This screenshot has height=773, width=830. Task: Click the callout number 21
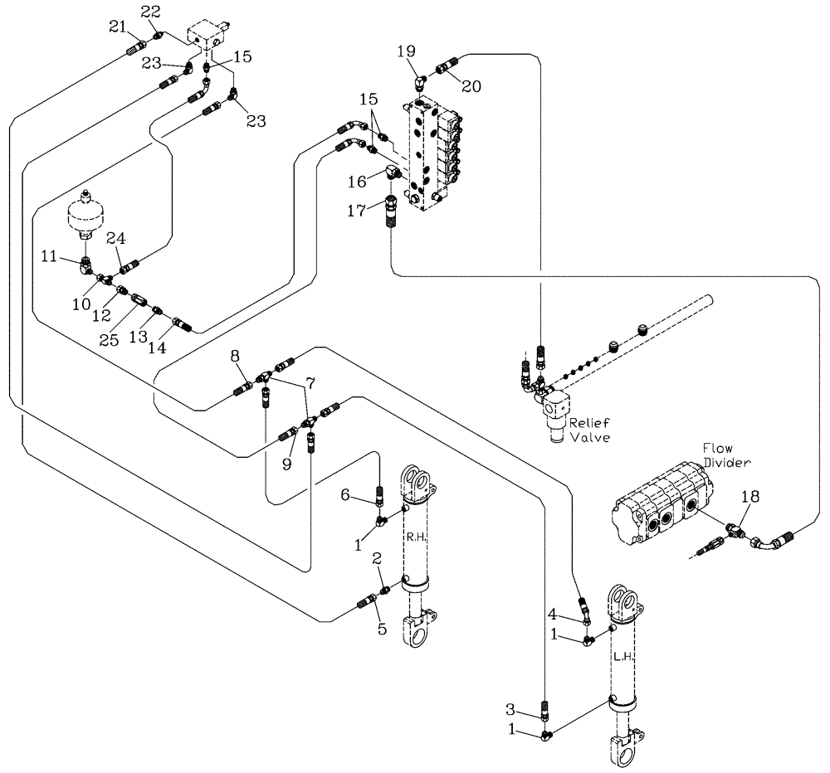coord(117,28)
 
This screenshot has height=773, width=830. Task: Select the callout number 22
coord(150,11)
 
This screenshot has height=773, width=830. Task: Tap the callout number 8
coord(236,356)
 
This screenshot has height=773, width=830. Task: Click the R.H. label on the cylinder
coord(415,537)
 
